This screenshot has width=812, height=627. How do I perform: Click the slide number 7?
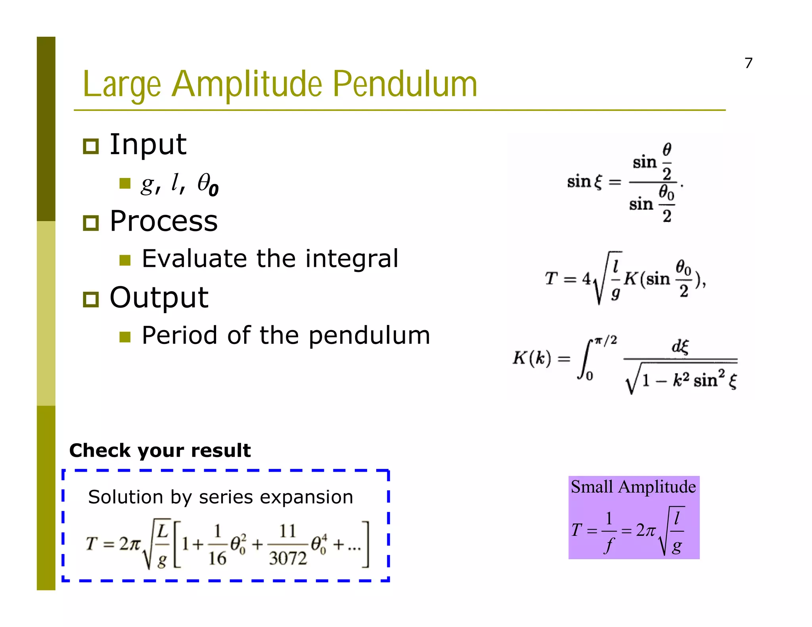pos(748,63)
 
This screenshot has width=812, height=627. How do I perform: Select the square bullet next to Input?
pos(91,146)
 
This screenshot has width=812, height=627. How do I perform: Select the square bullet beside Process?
pos(91,223)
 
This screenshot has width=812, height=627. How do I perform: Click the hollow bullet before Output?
pos(91,300)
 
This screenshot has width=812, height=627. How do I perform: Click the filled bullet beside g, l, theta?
pos(125,184)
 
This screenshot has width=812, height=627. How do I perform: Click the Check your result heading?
pos(160,451)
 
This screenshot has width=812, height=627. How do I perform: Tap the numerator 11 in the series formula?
pos(287,531)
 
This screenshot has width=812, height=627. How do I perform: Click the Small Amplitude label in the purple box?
pos(633,487)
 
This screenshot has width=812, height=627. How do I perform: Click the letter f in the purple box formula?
pos(609,545)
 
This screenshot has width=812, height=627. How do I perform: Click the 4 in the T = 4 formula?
pos(586,279)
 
